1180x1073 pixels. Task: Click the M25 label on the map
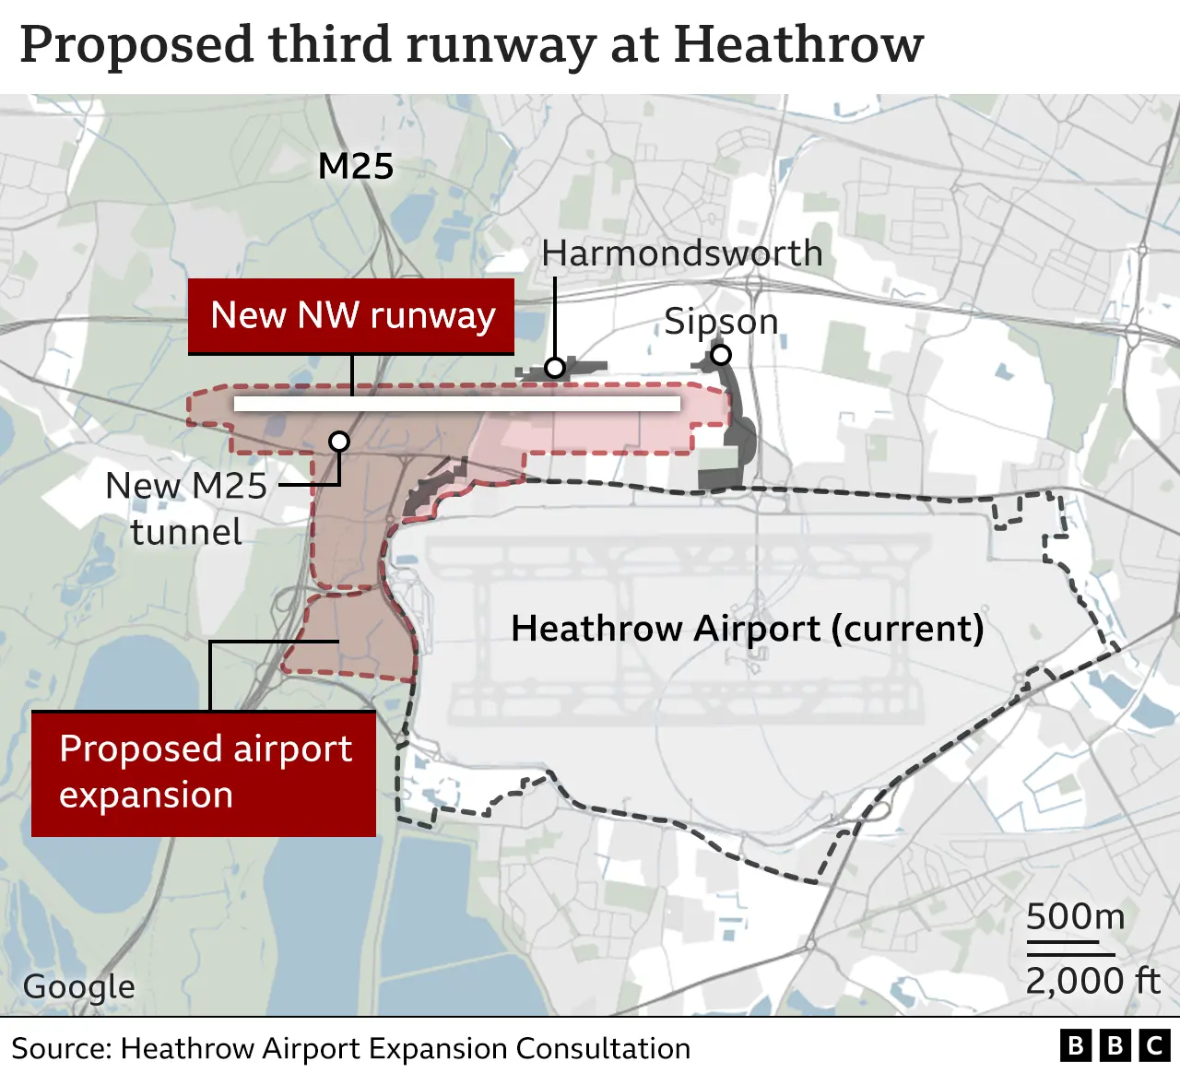pos(356,167)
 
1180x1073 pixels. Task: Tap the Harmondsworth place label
pos(681,254)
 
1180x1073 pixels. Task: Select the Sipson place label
pos(721,322)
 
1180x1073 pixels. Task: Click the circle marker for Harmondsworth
pos(554,368)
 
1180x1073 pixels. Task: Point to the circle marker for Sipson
pos(721,355)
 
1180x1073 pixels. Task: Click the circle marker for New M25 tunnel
pos(339,442)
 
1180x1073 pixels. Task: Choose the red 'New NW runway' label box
pos(351,316)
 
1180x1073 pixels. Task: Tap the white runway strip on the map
pos(456,404)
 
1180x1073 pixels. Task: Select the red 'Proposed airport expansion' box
pos(204,772)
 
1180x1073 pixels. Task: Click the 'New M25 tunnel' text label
pos(186,509)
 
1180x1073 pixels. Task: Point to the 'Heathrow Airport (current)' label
pos(747,629)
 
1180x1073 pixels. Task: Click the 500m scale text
pos(1075,916)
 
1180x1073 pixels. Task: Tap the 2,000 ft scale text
pos(1092,980)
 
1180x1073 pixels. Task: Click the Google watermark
pos(79,986)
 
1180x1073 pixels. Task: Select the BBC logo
pos(1114,1046)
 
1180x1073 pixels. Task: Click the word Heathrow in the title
pos(798,44)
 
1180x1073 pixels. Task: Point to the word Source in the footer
pos(61,1049)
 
